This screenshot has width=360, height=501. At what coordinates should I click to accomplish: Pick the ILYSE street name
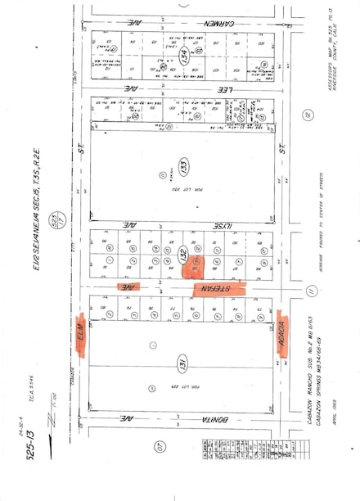tap(133, 221)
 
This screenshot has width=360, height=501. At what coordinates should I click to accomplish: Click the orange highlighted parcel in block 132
tap(194, 265)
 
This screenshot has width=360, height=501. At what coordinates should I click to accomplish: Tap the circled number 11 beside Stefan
tap(310, 291)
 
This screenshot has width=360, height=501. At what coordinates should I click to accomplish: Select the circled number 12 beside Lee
tap(306, 115)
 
